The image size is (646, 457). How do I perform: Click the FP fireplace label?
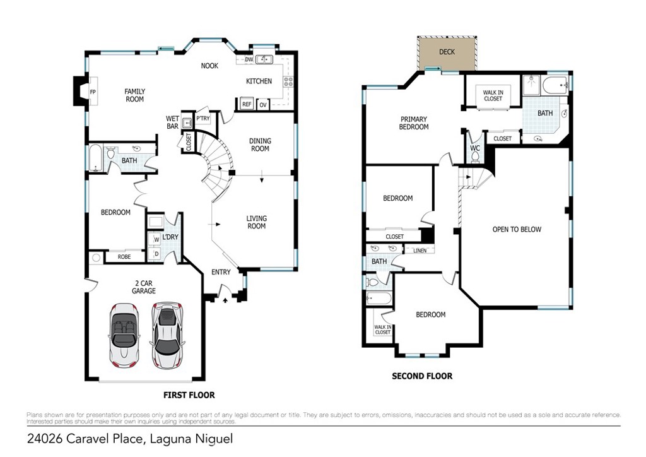coord(93,92)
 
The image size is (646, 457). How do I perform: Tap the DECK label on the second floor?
coord(447,52)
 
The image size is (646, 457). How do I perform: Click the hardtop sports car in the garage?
coord(167,335)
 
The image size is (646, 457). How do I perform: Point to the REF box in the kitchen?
coord(247,104)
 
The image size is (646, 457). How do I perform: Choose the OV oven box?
coord(263,105)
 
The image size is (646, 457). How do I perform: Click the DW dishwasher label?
coord(249,60)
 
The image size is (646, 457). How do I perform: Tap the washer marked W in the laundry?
coord(156,239)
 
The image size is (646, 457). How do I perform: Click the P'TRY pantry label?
coord(203,118)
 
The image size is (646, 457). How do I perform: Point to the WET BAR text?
coord(172,122)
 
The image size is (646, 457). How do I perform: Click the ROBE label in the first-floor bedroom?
coord(124,257)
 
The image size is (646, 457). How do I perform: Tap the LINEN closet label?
coord(420,251)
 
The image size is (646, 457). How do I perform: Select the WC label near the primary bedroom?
coord(475,148)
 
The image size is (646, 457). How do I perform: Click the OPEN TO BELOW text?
coord(517,230)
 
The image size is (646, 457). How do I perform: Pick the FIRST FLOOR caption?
coord(189,395)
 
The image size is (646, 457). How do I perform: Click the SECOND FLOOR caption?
coord(422,376)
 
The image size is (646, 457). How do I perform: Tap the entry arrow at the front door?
coord(225,300)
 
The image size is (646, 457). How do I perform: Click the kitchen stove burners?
coord(288,81)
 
